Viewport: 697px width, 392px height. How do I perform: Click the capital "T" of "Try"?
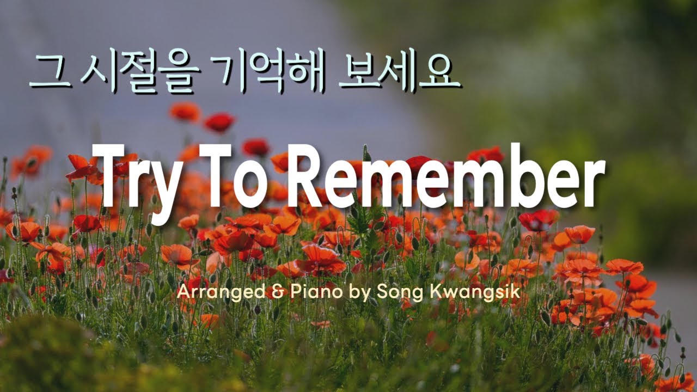tap(109, 174)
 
